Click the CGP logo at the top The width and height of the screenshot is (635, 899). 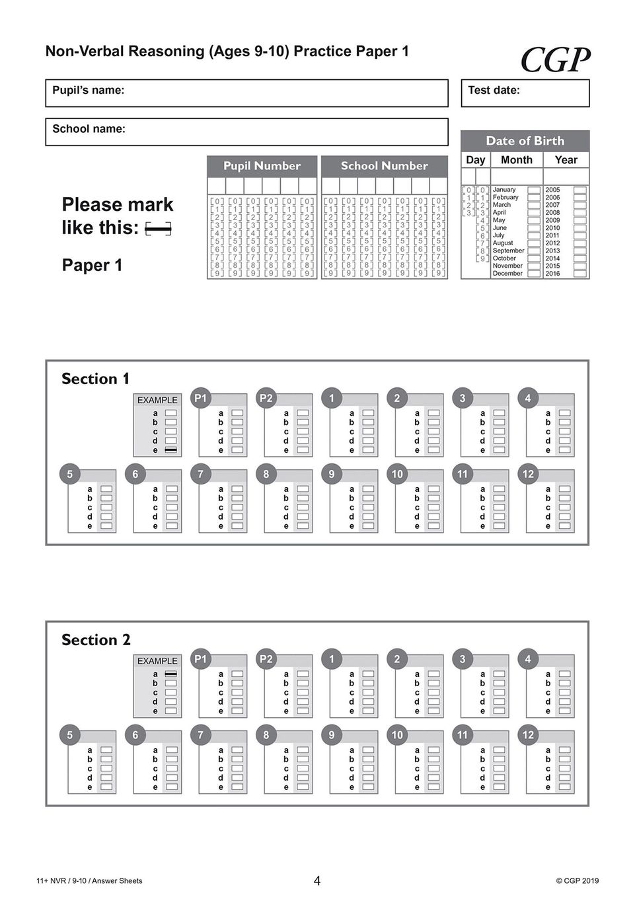pos(555,60)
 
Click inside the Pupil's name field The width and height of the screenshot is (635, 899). pos(246,93)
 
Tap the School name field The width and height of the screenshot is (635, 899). pos(246,132)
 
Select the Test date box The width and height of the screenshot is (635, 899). pos(525,93)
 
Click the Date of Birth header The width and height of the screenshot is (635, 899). pos(525,141)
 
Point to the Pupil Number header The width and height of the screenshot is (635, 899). pos(262,166)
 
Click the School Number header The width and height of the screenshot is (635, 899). pos(384,166)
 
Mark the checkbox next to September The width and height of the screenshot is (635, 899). pos(534,251)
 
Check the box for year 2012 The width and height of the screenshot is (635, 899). pos(579,243)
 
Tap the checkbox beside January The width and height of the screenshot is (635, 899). pos(534,190)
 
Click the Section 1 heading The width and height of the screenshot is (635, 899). pos(96,379)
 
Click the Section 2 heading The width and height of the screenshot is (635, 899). pos(96,640)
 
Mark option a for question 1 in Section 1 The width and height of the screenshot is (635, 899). pos(368,413)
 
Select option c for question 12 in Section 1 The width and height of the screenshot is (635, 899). pos(564,508)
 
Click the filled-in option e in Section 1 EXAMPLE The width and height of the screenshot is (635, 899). pos(171,450)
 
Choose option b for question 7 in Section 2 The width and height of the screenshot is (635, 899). pos(237,760)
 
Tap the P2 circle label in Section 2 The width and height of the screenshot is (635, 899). pos(266,659)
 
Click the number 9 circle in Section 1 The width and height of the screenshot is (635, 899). pos(332,474)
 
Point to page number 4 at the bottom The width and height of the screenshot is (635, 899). pos(317,880)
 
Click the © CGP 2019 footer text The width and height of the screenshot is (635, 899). pos(577,880)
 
